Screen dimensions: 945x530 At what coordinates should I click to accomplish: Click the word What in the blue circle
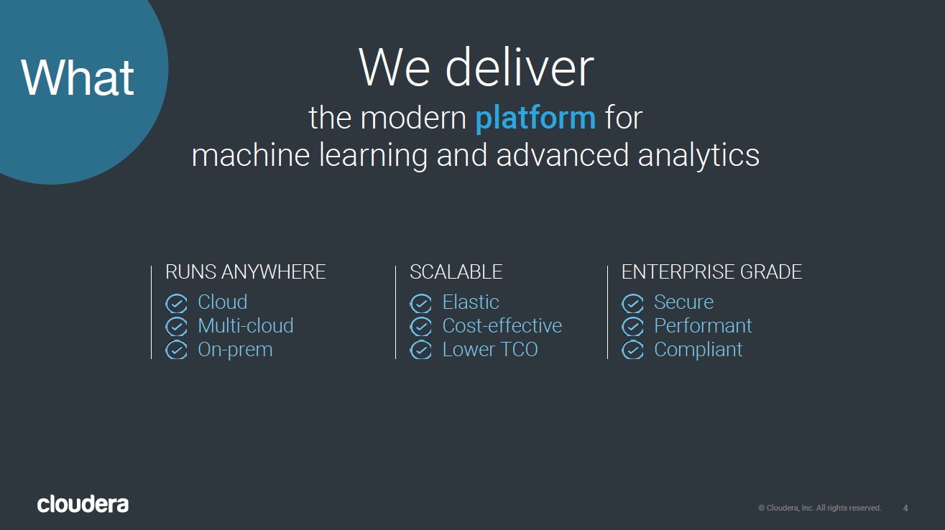point(78,78)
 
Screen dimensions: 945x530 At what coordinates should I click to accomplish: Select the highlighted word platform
point(535,118)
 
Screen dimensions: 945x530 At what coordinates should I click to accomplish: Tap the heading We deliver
point(476,68)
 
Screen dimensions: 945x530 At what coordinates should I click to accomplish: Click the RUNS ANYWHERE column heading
point(246,272)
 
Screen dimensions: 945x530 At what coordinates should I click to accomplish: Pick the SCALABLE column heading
point(456,272)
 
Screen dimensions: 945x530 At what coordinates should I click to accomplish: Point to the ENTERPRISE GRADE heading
point(711,272)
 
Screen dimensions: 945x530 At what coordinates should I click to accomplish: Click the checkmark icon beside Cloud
point(176,304)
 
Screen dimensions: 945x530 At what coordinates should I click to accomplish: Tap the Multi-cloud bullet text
point(246,326)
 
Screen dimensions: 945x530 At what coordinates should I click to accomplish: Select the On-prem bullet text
point(236,350)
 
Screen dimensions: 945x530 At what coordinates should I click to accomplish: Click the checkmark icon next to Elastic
point(420,304)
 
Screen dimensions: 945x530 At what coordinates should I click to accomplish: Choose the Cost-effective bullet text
point(502,326)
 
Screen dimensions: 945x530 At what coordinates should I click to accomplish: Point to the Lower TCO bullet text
point(490,350)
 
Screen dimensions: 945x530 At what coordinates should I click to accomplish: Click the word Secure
point(684,302)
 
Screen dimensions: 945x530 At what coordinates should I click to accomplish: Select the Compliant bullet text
point(699,350)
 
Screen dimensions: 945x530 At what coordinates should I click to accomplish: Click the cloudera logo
point(83,504)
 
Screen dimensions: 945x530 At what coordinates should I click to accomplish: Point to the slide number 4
point(905,508)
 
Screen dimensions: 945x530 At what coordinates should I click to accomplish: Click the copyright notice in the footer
point(820,508)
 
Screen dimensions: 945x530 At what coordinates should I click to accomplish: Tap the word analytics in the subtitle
point(699,156)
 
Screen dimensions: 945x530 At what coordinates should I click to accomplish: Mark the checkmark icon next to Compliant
point(633,350)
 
